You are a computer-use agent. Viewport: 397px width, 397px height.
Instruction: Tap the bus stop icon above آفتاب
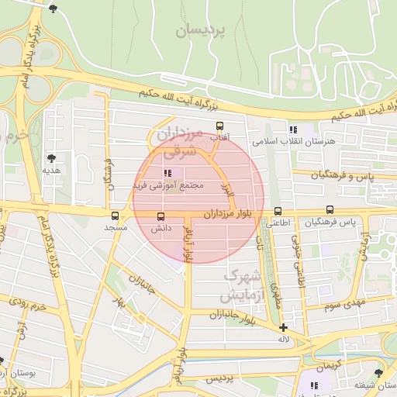pos(219,126)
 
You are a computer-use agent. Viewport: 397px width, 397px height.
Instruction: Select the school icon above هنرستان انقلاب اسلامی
pos(292,130)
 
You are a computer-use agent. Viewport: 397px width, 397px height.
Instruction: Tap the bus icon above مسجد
pos(116,216)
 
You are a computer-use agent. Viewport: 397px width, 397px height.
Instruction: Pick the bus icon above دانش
pos(161,217)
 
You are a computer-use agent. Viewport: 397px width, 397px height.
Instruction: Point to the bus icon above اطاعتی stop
pos(278,211)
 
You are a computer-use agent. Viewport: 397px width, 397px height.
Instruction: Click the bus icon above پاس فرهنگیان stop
pos(330,210)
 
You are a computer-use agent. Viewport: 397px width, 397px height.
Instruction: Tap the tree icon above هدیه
pos(51,157)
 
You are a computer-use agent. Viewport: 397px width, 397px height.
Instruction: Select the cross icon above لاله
pos(284,328)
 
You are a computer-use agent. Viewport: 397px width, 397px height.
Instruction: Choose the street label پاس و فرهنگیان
pos(343,175)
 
